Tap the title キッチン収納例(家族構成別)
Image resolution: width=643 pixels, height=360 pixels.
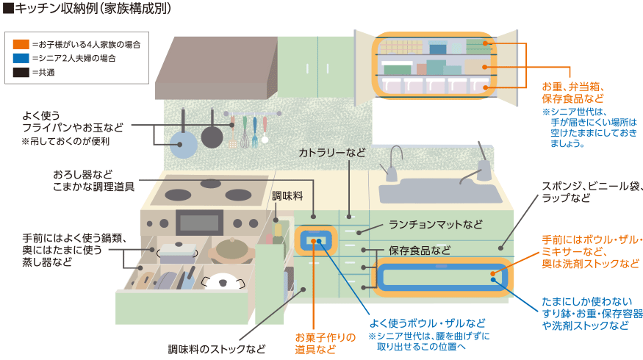coord(91,10)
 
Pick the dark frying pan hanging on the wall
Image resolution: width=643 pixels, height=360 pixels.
coord(212,135)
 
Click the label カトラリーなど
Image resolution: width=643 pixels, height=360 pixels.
coord(331,152)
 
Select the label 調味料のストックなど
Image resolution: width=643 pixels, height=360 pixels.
coord(217,349)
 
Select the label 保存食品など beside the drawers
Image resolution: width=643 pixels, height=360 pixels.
coord(420,250)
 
